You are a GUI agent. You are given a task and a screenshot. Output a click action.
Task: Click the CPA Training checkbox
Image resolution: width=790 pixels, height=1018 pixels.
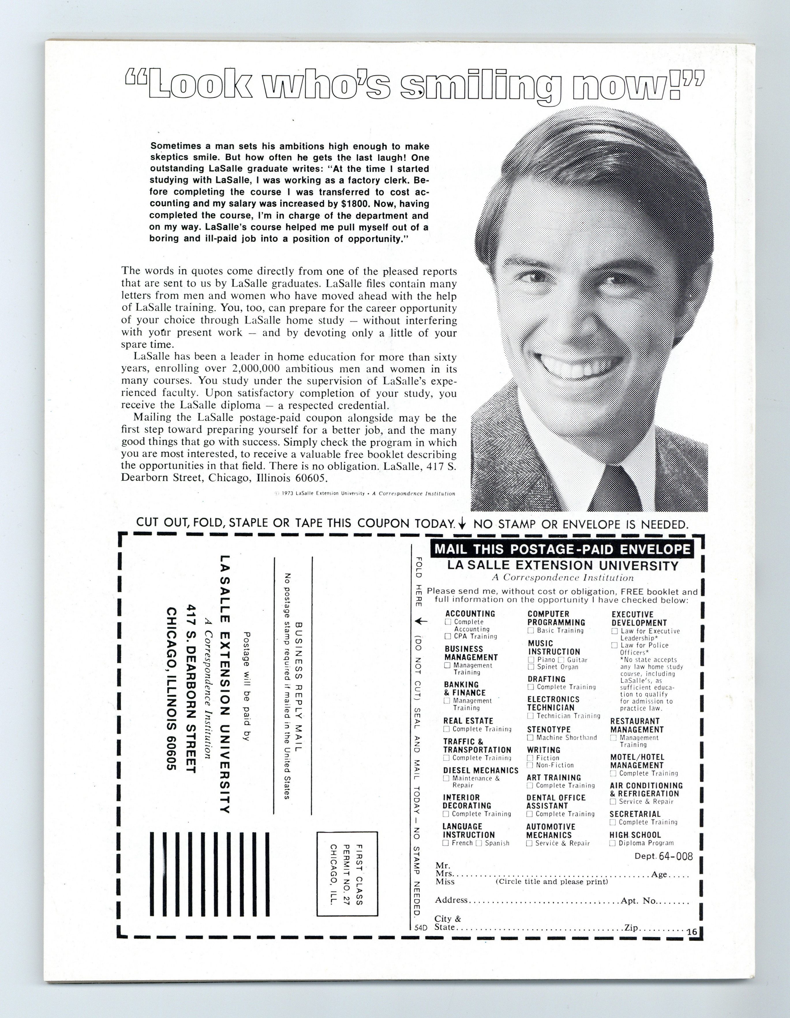(448, 636)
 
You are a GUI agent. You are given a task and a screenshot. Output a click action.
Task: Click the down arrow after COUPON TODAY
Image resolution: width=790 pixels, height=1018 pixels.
(462, 524)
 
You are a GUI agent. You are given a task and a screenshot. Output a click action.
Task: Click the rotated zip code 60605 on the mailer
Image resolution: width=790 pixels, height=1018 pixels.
(172, 750)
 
